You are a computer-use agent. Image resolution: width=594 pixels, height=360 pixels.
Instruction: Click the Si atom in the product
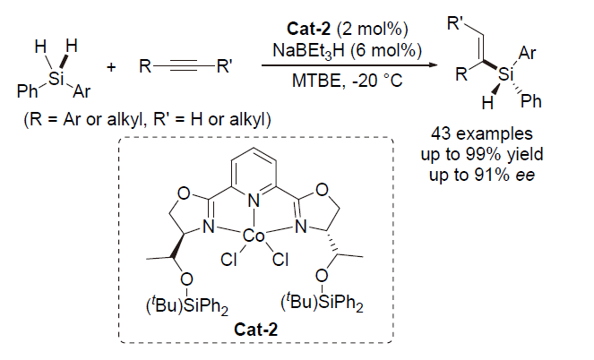point(507,76)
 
